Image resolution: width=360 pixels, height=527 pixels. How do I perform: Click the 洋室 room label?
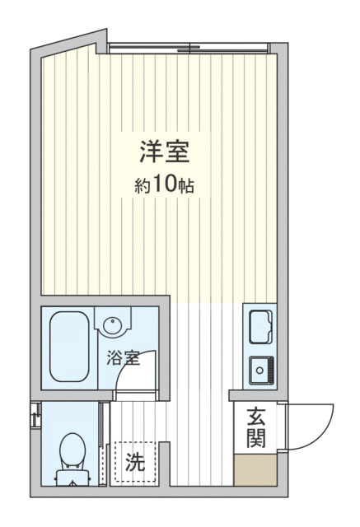(x=165, y=153)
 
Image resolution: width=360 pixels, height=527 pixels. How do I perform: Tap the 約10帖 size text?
(x=165, y=185)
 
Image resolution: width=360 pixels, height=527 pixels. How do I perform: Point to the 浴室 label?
(x=123, y=358)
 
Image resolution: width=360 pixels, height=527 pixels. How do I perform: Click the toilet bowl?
(x=72, y=449)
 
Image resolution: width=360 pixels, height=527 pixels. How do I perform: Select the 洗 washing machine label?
(x=133, y=462)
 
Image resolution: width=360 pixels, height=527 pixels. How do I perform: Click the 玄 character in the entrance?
(x=255, y=417)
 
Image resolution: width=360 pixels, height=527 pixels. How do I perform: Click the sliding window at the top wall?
(x=189, y=45)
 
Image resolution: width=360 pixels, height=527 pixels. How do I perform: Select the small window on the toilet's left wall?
(x=34, y=416)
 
